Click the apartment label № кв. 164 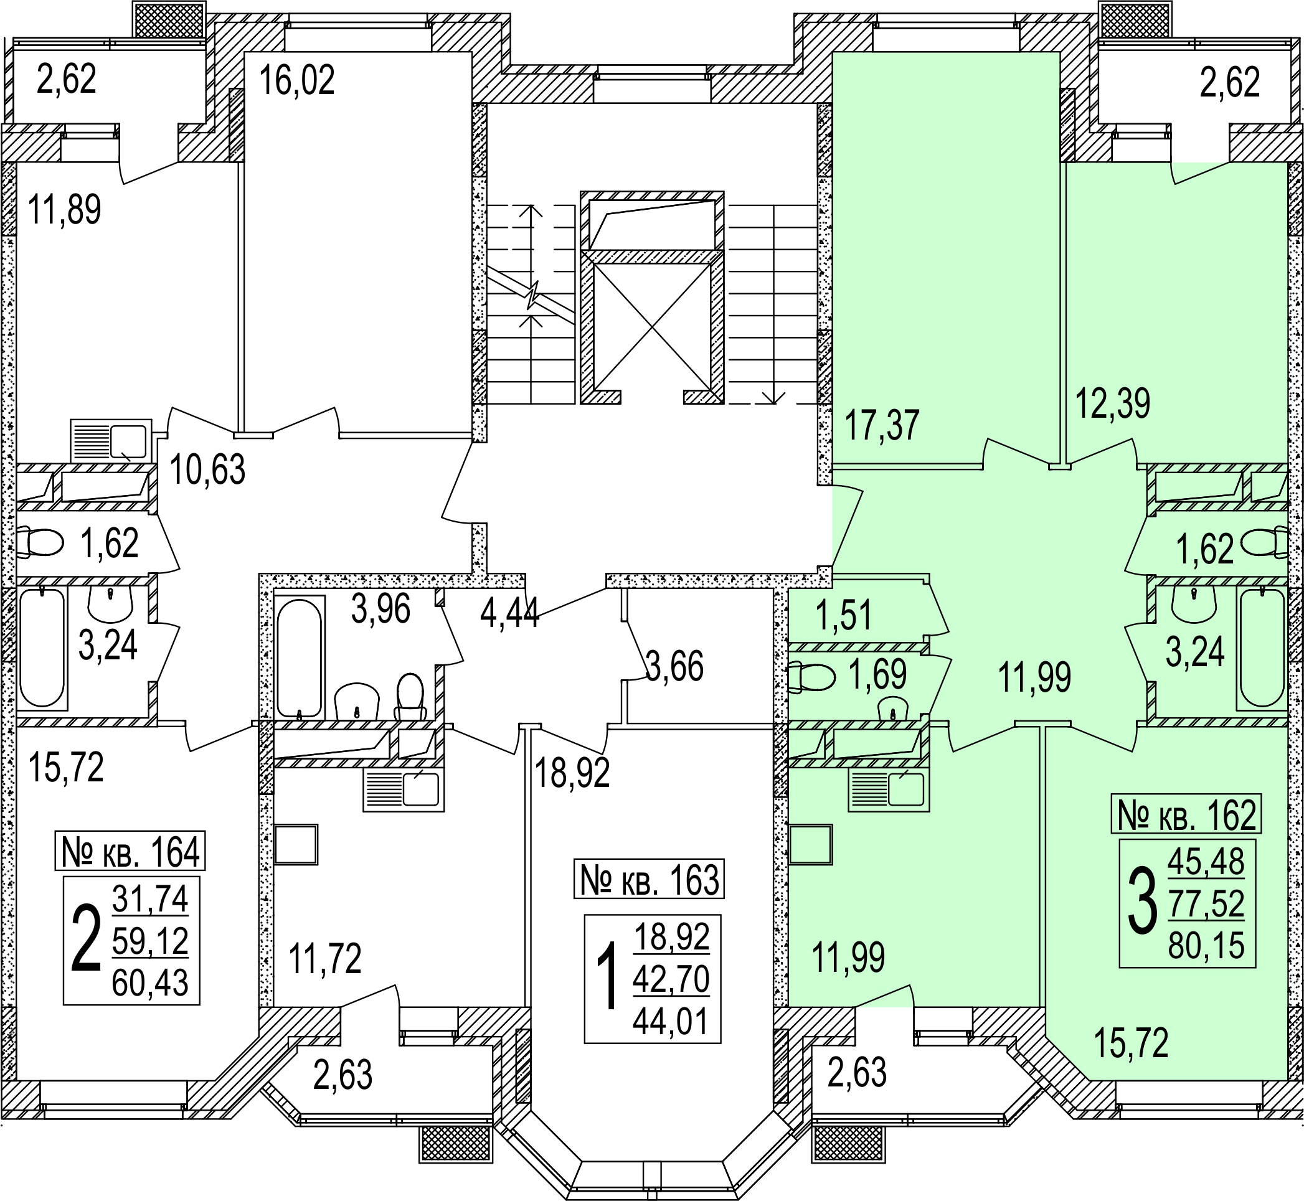[130, 851]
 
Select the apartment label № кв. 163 [649, 880]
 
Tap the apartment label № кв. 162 [1186, 814]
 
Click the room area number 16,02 [296, 80]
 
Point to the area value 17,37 [881, 426]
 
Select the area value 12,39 [1113, 403]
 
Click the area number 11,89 [64, 210]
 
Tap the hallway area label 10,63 [207, 470]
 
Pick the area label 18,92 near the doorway [572, 773]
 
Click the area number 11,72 [324, 958]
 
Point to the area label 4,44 [509, 612]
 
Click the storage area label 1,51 [843, 616]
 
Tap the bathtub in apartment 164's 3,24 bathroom [42, 648]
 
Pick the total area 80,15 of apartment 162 [1206, 946]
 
